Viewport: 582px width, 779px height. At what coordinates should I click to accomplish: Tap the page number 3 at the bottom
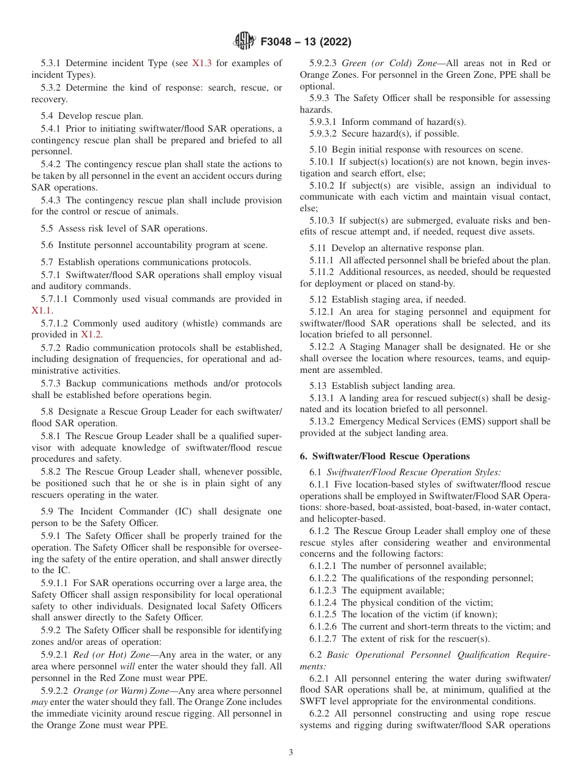pos(291,753)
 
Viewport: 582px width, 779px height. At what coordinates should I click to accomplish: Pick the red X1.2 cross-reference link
pos(91,334)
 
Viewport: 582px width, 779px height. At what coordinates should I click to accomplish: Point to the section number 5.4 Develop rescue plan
pos(48,116)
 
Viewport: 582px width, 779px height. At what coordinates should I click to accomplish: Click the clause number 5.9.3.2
pos(323,134)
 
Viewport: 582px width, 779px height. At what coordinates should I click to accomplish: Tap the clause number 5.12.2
pos(321,347)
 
